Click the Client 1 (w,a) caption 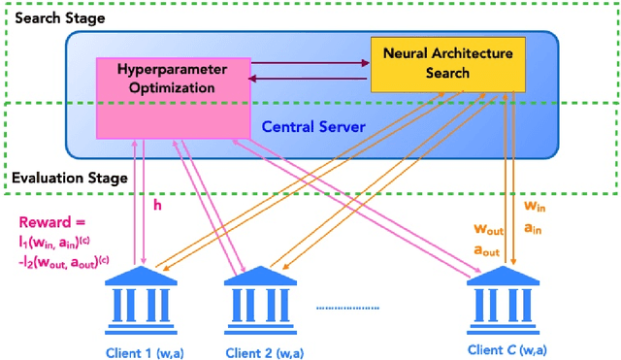[146, 350]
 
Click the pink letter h [160, 208]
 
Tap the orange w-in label [535, 207]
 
